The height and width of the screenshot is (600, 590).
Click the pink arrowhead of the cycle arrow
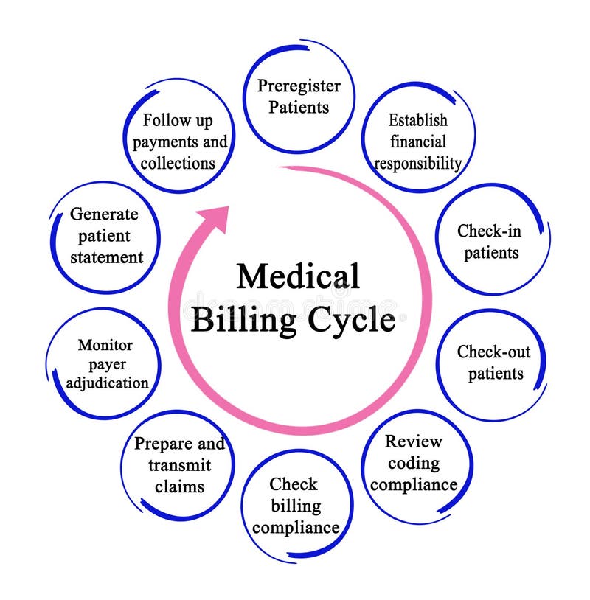pos(216,219)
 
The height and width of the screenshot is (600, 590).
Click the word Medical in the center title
pos(298,277)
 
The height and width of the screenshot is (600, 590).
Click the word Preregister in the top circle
pos(299,86)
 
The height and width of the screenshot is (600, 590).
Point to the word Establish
pos(418,119)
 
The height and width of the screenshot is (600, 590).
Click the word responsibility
pos(418,162)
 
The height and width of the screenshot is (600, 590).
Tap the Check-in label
pos(489,231)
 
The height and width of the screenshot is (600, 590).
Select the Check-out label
pos(493,352)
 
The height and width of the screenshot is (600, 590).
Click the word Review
pos(414,442)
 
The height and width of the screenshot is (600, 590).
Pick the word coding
pos(414,464)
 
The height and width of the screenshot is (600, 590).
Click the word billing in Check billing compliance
pos(296,506)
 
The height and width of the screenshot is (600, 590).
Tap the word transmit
pos(179,465)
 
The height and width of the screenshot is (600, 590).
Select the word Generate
pos(104,214)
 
